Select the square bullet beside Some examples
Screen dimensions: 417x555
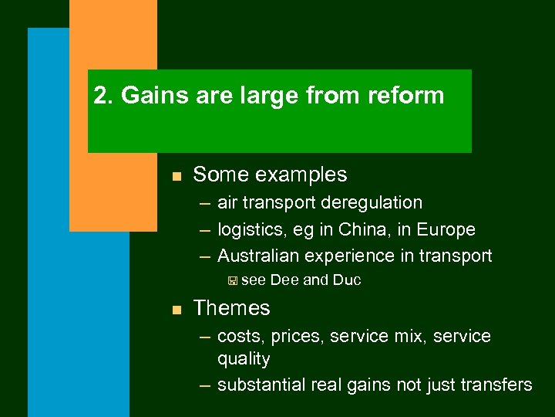[x=176, y=177]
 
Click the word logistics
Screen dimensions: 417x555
[x=251, y=230]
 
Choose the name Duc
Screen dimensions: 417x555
[x=346, y=280]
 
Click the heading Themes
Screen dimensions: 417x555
[x=231, y=308]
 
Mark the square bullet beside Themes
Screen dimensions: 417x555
[x=176, y=310]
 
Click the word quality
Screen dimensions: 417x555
[x=244, y=359]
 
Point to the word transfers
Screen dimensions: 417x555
[x=499, y=385]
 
